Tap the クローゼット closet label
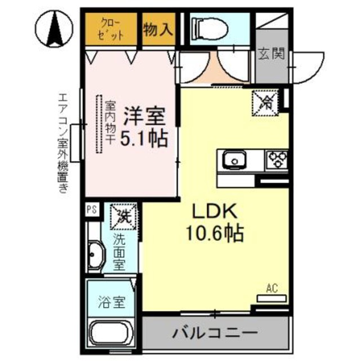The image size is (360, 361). pyautogui.click(x=110, y=28)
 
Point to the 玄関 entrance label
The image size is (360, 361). pyautogui.click(x=271, y=54)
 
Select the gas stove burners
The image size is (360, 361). pyautogui.click(x=277, y=159)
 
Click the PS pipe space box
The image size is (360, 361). pyautogui.click(x=91, y=210)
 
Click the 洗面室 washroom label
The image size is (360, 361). pyautogui.click(x=119, y=252)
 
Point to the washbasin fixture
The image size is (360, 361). pyautogui.click(x=96, y=256)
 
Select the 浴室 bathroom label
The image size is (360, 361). pyautogui.click(x=110, y=302)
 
